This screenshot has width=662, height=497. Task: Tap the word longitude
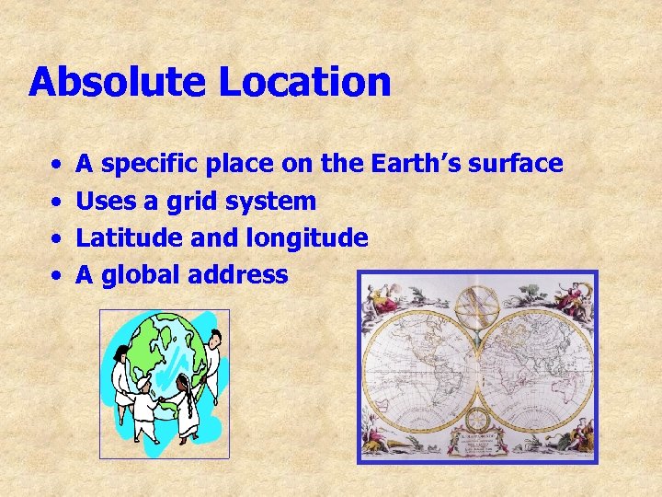click(307, 238)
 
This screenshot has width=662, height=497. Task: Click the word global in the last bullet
click(139, 275)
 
